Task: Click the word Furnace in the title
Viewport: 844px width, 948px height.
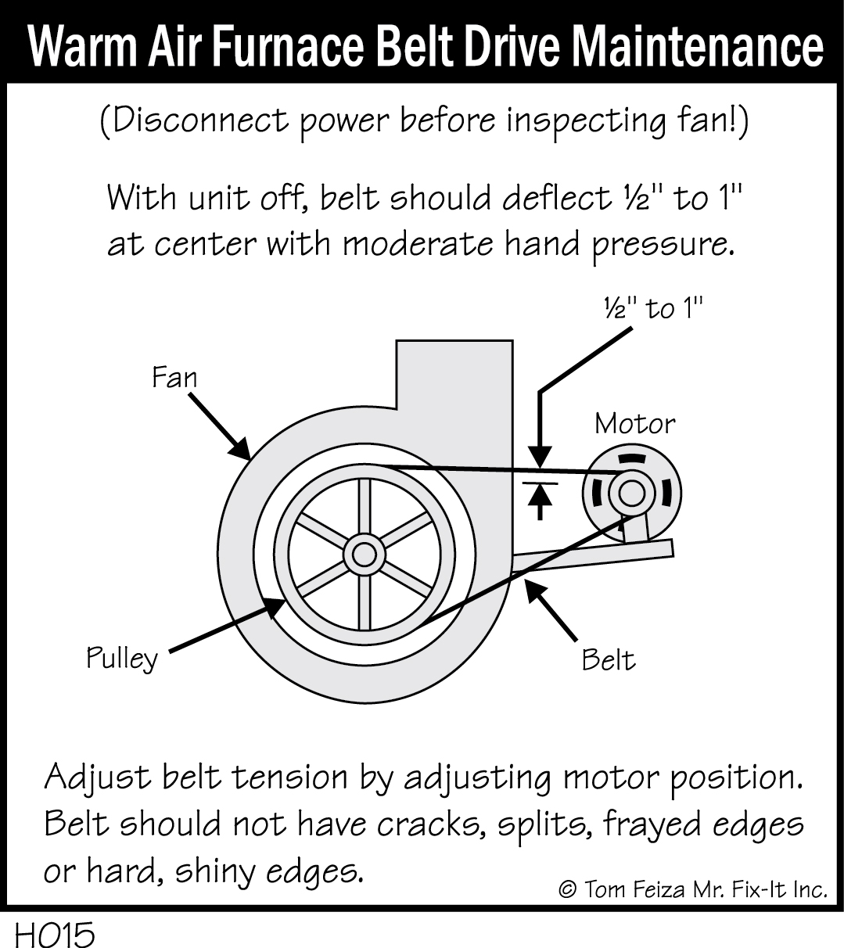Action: coord(282,48)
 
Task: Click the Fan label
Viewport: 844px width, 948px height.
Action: coord(174,378)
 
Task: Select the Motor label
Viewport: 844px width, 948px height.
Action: coord(634,423)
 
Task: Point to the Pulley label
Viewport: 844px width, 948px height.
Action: coord(122,659)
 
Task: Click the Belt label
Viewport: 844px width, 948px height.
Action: coord(609,661)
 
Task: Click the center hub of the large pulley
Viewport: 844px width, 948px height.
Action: coord(364,554)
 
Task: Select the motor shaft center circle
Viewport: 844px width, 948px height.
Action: coord(631,494)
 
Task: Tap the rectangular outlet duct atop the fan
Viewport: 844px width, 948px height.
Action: coord(454,375)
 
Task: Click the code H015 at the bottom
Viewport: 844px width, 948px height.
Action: coord(53,934)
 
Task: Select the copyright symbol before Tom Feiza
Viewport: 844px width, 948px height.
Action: coord(569,889)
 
